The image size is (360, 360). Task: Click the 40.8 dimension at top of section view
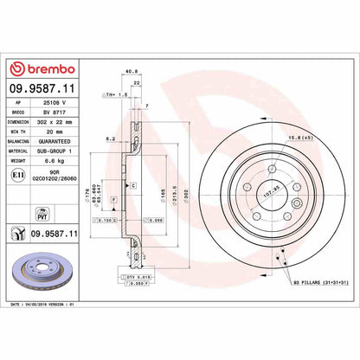[132, 73]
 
